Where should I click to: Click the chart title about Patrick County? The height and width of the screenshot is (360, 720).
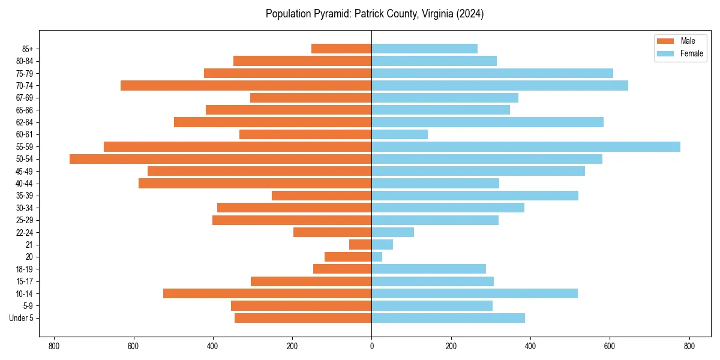tap(374, 14)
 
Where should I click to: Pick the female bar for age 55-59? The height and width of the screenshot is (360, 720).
tap(526, 146)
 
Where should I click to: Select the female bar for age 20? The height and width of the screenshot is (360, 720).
tap(377, 257)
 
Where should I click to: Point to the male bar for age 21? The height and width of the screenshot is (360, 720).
tap(361, 245)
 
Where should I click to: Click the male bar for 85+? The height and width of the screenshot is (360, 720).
tap(341, 49)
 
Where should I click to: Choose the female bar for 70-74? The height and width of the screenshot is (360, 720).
tap(500, 85)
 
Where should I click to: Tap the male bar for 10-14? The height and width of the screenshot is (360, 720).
tap(267, 293)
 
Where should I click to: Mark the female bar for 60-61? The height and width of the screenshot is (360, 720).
tap(400, 134)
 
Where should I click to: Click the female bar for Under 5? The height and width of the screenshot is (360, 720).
tap(448, 318)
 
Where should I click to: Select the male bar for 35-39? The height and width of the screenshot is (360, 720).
tap(322, 196)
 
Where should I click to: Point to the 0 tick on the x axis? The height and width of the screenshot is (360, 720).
tap(371, 346)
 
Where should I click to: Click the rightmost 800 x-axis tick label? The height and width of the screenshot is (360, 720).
tap(689, 346)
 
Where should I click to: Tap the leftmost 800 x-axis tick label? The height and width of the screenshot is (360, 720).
tap(54, 346)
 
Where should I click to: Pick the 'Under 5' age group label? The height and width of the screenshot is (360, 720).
tap(21, 318)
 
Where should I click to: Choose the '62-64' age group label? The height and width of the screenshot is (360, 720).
tap(25, 122)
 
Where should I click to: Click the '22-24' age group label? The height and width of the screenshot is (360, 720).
tap(25, 233)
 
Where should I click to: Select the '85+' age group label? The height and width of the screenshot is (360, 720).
tap(27, 49)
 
